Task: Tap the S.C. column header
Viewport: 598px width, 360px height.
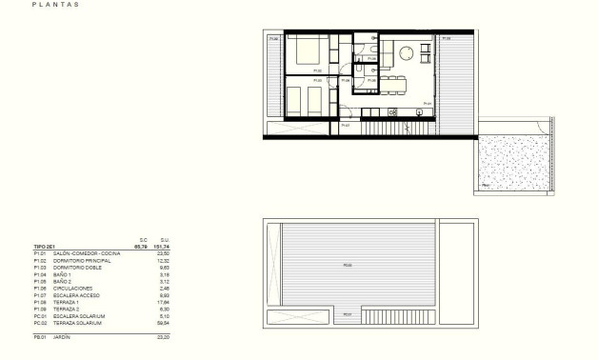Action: [x=144, y=239]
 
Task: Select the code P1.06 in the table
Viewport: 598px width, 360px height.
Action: [x=40, y=287]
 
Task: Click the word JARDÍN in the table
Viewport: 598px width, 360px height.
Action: [x=64, y=337]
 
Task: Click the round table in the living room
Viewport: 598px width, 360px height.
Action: [x=408, y=53]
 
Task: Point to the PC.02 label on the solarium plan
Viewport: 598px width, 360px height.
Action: [x=348, y=265]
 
